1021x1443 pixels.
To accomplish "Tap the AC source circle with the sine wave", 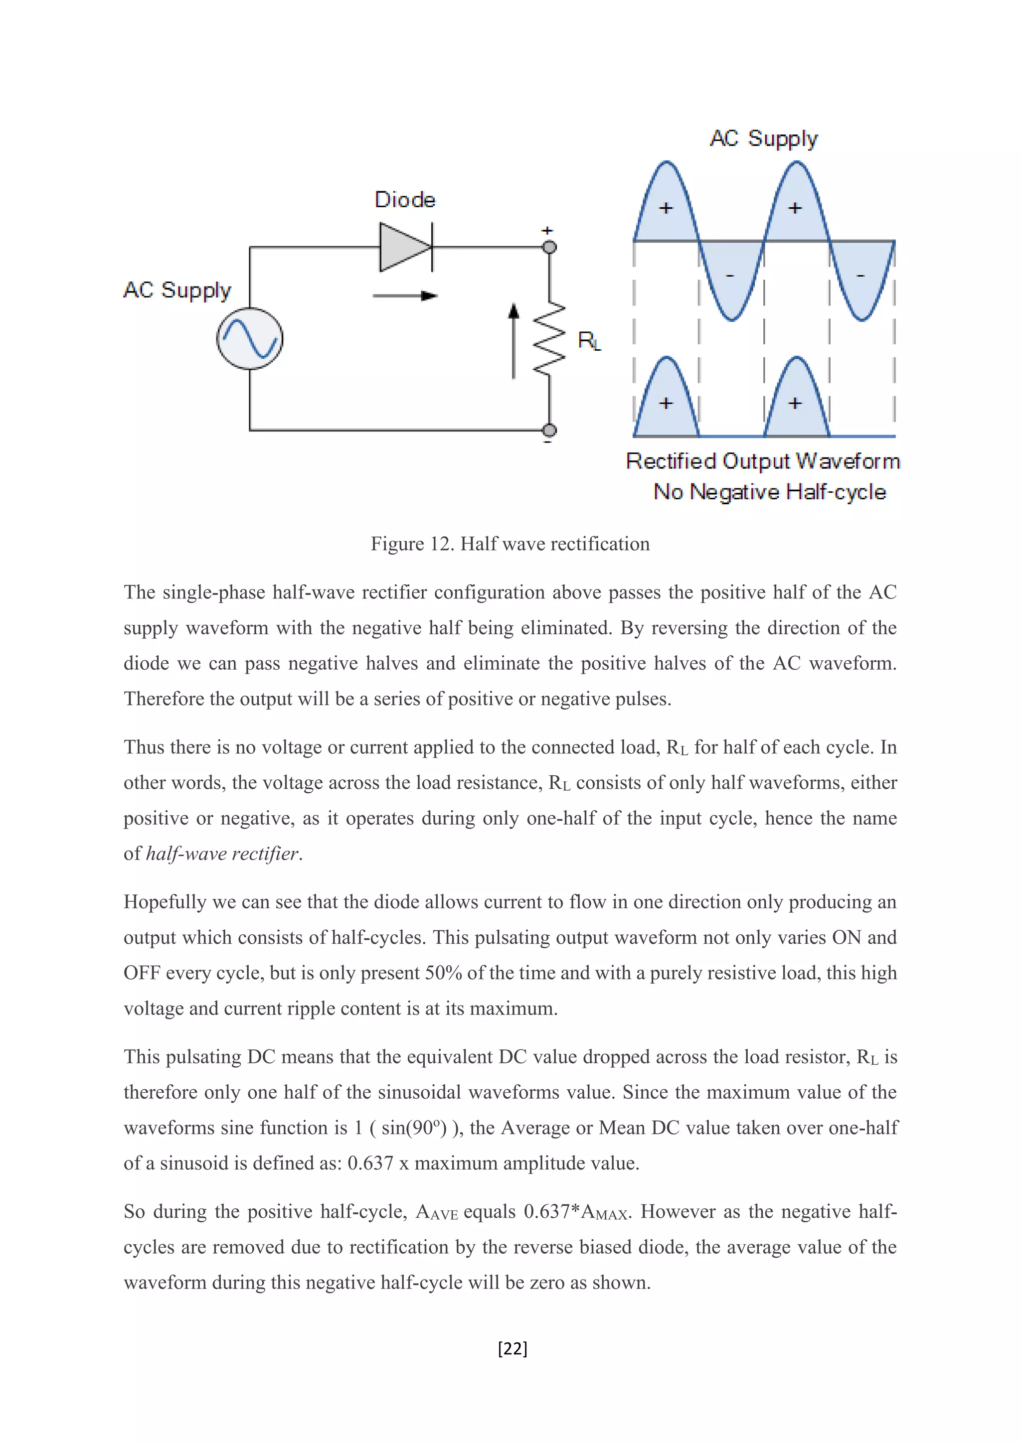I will click(250, 338).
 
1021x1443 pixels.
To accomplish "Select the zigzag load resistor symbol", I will click(549, 340).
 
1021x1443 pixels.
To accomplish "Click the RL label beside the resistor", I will click(589, 341).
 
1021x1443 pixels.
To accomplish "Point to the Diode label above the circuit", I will click(405, 200).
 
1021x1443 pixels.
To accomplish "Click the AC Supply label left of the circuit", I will click(177, 290).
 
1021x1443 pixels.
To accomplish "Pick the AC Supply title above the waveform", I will click(763, 138).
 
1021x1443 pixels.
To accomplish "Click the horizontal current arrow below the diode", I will click(405, 295).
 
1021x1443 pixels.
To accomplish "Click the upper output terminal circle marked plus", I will click(549, 247).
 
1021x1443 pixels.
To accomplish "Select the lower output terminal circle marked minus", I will click(549, 430).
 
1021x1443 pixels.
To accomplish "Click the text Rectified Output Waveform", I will click(763, 461).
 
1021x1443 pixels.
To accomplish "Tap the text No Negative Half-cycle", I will click(770, 491).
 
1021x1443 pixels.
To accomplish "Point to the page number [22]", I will click(512, 1348).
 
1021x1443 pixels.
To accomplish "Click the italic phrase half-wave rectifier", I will click(222, 854).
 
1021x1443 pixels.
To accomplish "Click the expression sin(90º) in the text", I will click(414, 1128).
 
